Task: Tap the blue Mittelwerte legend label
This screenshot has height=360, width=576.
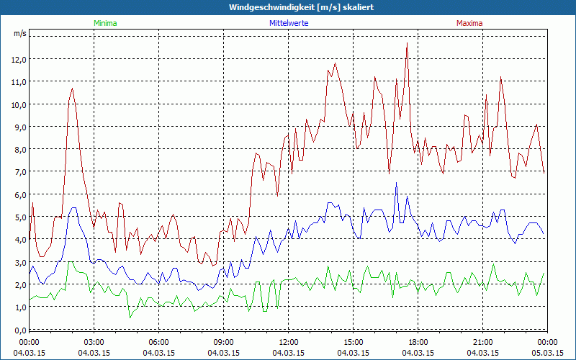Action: (x=290, y=23)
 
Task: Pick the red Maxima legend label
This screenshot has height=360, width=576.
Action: (x=469, y=23)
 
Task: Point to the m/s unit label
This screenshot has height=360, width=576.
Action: (x=19, y=33)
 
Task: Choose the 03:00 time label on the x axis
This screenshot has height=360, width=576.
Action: (x=94, y=342)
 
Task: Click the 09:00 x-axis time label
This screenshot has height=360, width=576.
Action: (x=224, y=342)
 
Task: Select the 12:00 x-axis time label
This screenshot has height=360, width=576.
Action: (x=289, y=342)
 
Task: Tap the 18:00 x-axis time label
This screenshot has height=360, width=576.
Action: (x=418, y=342)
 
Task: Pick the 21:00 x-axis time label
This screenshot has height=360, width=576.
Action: (x=483, y=342)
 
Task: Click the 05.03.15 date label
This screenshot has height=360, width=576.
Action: (x=548, y=353)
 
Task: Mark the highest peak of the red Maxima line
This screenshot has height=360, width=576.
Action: (x=408, y=43)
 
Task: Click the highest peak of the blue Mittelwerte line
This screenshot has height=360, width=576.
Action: (x=396, y=183)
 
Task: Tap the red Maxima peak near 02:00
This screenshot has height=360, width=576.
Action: (x=73, y=88)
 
